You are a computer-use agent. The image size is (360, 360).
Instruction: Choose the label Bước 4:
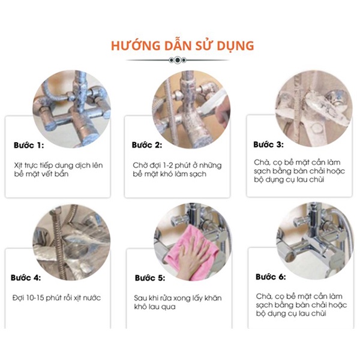click(27, 278)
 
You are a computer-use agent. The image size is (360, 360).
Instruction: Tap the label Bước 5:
click(149, 278)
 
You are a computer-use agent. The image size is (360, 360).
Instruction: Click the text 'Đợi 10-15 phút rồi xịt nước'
click(56, 298)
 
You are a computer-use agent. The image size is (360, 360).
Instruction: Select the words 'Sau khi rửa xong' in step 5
click(158, 298)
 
